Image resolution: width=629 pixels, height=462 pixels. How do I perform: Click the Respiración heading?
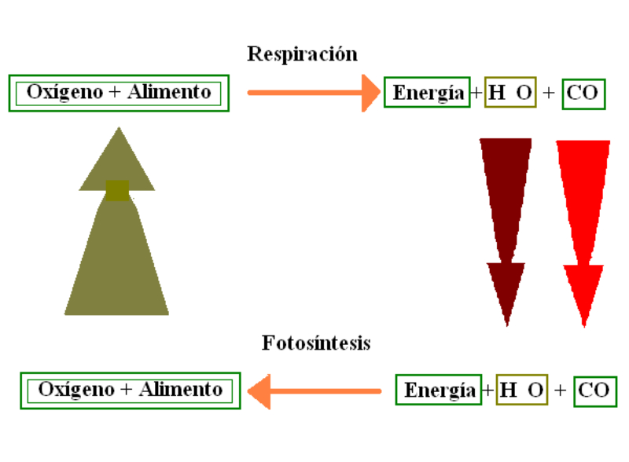coord(302,54)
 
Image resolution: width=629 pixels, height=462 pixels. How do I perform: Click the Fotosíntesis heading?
coord(316,343)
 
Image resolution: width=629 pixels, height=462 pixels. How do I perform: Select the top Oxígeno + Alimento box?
coord(119,93)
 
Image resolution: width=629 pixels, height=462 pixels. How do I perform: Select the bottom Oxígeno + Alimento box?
coord(130,390)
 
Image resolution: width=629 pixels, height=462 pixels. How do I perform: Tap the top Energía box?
coord(427,93)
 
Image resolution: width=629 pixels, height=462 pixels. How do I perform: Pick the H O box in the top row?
coord(510,93)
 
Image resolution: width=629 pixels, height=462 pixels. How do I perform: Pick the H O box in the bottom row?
coord(522,390)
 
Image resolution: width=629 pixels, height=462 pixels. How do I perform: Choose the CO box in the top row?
coord(583,93)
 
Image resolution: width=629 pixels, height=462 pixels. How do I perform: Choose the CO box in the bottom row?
coord(594,390)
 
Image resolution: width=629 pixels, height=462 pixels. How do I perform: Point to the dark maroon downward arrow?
coord(506,228)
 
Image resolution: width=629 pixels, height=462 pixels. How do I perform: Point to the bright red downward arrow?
coord(583,228)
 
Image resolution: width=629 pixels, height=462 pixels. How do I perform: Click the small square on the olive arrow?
coord(117,190)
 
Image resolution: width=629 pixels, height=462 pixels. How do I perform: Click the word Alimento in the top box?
coord(171,93)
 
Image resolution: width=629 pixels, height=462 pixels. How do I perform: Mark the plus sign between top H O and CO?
coord(549,93)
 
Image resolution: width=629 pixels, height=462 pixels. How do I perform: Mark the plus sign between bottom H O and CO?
coord(560,390)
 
